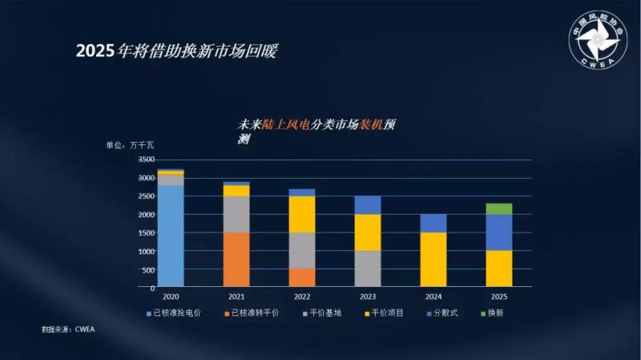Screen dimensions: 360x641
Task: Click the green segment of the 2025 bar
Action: [498, 208]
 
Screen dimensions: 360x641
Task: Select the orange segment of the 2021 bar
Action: [236, 259]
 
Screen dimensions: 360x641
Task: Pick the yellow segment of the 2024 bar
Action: [433, 259]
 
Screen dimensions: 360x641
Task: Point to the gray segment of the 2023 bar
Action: [368, 269]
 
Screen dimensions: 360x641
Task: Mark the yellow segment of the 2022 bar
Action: [302, 214]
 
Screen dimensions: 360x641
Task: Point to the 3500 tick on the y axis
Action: [145, 160]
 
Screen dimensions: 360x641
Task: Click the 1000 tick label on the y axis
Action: [145, 251]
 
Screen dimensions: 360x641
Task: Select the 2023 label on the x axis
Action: [368, 295]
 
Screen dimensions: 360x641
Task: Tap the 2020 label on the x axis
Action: [171, 295]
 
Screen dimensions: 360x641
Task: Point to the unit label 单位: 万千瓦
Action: [130, 145]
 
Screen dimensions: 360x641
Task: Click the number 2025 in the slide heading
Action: [95, 51]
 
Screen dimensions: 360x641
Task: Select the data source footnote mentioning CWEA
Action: [68, 329]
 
